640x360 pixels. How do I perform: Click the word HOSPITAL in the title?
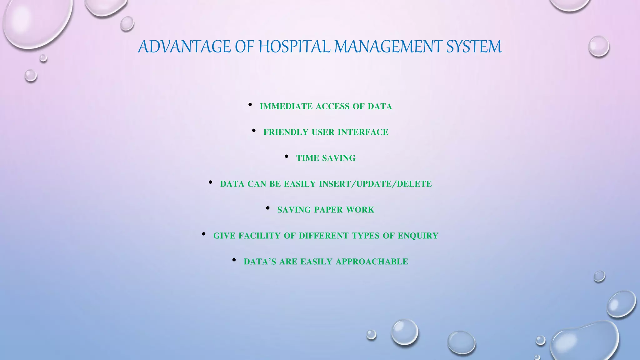tap(294, 47)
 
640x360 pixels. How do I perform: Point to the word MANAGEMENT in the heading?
tap(388, 47)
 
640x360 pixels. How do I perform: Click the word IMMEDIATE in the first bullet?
tap(286, 107)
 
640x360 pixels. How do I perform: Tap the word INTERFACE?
tap(363, 132)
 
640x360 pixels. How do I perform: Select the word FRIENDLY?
tap(286, 132)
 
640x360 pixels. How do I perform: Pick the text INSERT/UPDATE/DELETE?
tap(375, 184)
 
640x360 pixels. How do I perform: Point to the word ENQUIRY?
tap(418, 236)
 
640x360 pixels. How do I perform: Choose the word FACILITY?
tap(259, 236)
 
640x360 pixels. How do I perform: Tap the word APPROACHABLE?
tap(372, 262)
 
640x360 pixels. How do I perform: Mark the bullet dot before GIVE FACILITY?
tap(204, 234)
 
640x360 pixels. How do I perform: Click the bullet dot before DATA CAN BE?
tap(211, 182)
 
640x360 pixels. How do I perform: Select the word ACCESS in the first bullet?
tap(332, 107)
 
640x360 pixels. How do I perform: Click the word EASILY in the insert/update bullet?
tap(300, 184)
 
